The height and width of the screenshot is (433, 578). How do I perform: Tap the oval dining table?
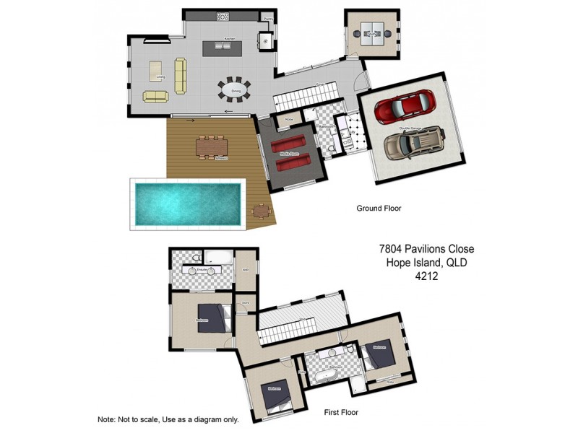coord(235,90)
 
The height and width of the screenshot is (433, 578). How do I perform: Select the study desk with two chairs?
coord(372,32)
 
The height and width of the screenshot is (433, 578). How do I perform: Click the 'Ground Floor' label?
coord(379,209)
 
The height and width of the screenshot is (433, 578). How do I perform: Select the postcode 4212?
coord(426,276)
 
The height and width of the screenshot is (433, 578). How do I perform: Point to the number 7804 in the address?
coord(394,249)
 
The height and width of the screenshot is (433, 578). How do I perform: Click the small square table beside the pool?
coord(262,211)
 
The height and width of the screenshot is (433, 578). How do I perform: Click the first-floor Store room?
coord(245,304)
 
